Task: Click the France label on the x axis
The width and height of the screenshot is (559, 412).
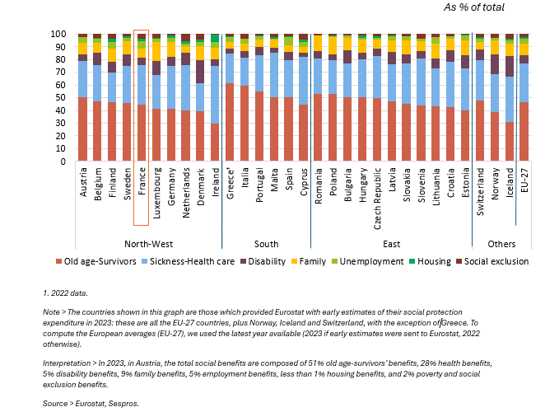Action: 142,181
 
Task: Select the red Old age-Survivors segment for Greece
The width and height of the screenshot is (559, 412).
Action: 230,122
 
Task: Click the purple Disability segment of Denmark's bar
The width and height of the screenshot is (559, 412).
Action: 200,72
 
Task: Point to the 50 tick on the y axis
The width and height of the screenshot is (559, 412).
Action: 60,98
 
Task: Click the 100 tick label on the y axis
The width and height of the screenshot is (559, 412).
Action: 58,35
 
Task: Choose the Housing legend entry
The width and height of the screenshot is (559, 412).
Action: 430,261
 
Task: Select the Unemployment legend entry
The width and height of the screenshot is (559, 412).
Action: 367,261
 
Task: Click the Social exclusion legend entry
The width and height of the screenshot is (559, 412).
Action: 492,261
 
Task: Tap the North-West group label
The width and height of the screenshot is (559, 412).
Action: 149,244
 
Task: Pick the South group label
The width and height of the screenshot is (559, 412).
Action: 266,244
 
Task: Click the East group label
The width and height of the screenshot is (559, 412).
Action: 391,244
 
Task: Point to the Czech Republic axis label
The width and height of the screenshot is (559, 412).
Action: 377,199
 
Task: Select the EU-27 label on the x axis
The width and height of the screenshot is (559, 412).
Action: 524,180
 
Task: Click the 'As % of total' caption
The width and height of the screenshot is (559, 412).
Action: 474,7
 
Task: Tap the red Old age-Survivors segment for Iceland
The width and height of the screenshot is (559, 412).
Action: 510,141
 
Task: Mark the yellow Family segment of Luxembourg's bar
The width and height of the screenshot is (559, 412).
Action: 156,51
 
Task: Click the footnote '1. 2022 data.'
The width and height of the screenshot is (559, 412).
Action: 65,293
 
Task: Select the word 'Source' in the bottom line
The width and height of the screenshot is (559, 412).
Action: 55,404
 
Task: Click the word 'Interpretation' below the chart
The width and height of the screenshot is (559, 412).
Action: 67,363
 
